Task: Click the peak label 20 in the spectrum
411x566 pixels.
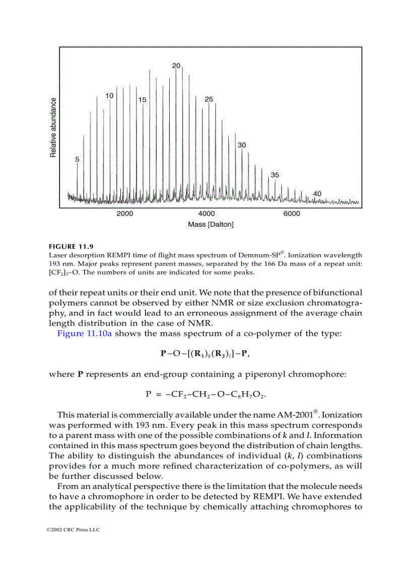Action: (x=176, y=66)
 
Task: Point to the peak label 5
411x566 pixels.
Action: (x=77, y=159)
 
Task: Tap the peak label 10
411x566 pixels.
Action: (x=109, y=95)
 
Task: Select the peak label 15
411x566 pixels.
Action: (x=142, y=100)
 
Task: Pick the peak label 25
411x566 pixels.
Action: (x=209, y=99)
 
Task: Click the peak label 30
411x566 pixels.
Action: (x=242, y=145)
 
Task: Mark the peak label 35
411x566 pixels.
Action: (x=275, y=175)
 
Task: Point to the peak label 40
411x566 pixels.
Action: (x=317, y=194)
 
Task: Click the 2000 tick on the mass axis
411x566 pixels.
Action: (x=125, y=214)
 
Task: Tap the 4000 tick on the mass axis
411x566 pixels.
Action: (x=207, y=214)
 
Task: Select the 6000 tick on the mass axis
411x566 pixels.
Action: (x=292, y=214)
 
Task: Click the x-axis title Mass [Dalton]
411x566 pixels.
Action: (x=211, y=224)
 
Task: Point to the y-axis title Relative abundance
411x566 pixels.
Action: (x=53, y=128)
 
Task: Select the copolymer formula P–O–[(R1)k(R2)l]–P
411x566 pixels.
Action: (x=205, y=354)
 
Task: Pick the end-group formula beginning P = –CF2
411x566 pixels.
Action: (x=205, y=394)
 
